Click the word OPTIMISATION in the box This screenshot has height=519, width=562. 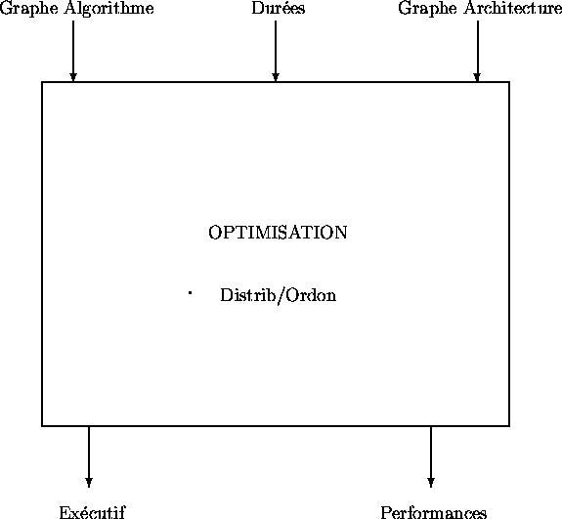278,233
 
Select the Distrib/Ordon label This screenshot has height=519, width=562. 279,296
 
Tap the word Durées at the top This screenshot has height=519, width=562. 279,8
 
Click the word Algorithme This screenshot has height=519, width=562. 109,9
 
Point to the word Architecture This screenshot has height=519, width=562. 513,8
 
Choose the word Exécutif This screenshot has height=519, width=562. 93,512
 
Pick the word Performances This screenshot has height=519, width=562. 434,512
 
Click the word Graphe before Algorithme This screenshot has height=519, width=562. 29,9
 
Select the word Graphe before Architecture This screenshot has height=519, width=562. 427,9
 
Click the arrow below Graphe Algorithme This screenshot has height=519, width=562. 73,51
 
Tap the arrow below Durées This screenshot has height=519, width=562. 276,51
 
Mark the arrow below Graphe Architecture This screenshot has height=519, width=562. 477,51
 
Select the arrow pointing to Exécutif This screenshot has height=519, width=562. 89,457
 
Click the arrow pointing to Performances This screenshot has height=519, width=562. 431,457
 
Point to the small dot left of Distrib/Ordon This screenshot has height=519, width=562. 190,293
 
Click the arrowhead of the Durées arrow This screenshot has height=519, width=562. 276,77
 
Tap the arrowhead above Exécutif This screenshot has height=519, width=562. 89,483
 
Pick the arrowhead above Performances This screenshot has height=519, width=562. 431,483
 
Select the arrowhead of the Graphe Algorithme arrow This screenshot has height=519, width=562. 73,77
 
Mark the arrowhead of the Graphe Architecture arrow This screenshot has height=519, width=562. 477,77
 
